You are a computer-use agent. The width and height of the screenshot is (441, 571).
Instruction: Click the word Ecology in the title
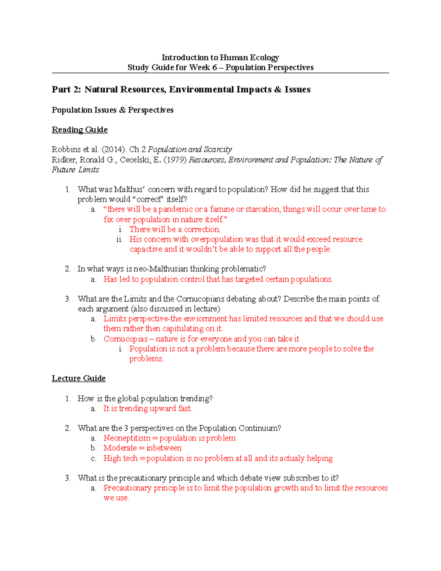click(264, 57)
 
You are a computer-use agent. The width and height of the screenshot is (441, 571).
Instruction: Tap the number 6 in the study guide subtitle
click(214, 67)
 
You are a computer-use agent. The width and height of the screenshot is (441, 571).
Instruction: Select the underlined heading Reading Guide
click(80, 130)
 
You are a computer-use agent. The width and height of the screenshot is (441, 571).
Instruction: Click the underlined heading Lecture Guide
click(79, 378)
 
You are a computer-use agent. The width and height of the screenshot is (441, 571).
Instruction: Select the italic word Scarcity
click(218, 149)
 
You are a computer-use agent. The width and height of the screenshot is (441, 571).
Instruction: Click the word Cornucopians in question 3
click(200, 299)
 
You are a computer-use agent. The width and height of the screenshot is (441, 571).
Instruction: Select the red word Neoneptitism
click(127, 438)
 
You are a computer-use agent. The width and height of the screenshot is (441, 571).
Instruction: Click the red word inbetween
click(164, 448)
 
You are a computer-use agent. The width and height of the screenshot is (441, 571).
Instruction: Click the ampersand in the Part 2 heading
click(278, 89)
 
